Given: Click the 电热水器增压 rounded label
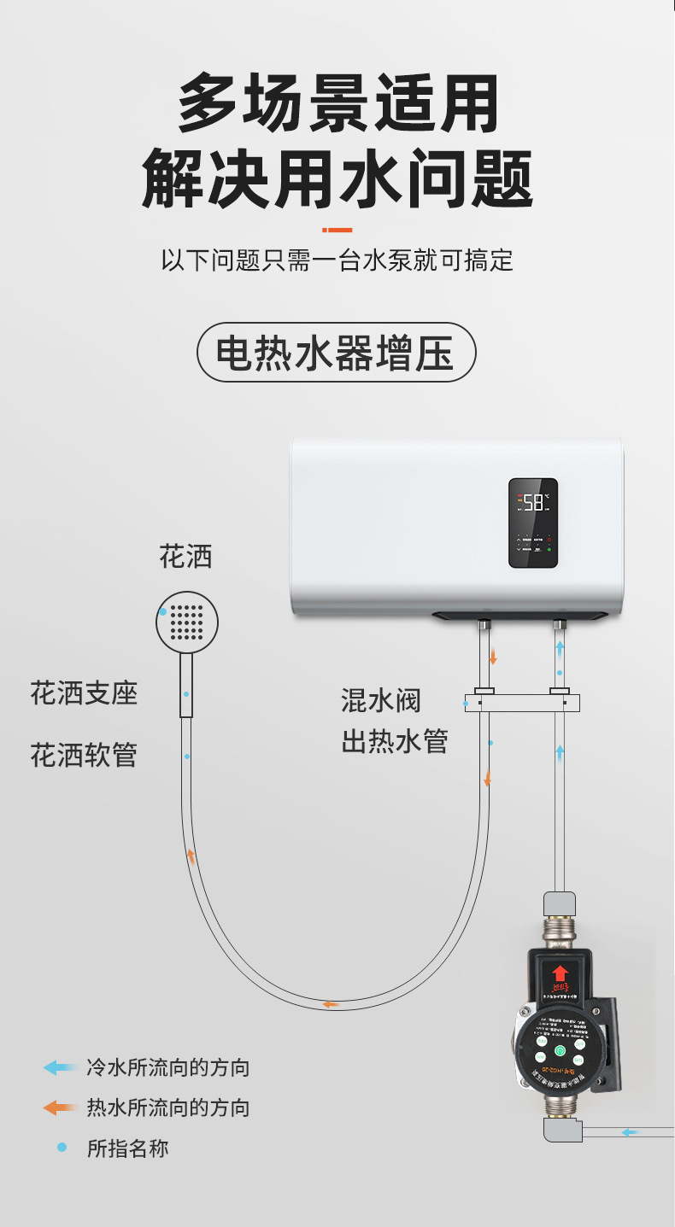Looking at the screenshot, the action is point(337,352).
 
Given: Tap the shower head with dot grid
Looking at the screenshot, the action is point(187,622).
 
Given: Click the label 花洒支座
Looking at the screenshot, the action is point(84,692).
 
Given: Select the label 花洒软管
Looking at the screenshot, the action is point(84,755).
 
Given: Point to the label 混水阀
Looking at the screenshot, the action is point(381,701).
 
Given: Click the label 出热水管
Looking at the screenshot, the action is point(395,741).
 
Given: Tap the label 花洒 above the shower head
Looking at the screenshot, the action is point(185,558).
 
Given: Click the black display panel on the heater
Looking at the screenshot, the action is point(533,523).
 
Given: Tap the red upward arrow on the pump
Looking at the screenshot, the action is point(560,973).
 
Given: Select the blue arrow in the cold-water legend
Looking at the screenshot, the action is point(60,1067).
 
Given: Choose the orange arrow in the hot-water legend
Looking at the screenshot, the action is point(60,1108).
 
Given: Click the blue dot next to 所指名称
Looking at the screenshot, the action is point(62,1148).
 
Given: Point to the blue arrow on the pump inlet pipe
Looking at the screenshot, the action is point(630,1132).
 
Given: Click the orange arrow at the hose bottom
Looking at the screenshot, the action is point(330,1004).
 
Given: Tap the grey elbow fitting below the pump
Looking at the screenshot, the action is point(561,1130).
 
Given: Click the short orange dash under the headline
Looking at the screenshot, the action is point(337,229).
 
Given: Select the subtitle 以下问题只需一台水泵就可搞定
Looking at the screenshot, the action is point(337,260).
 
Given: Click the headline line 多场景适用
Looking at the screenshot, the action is point(337,102).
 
